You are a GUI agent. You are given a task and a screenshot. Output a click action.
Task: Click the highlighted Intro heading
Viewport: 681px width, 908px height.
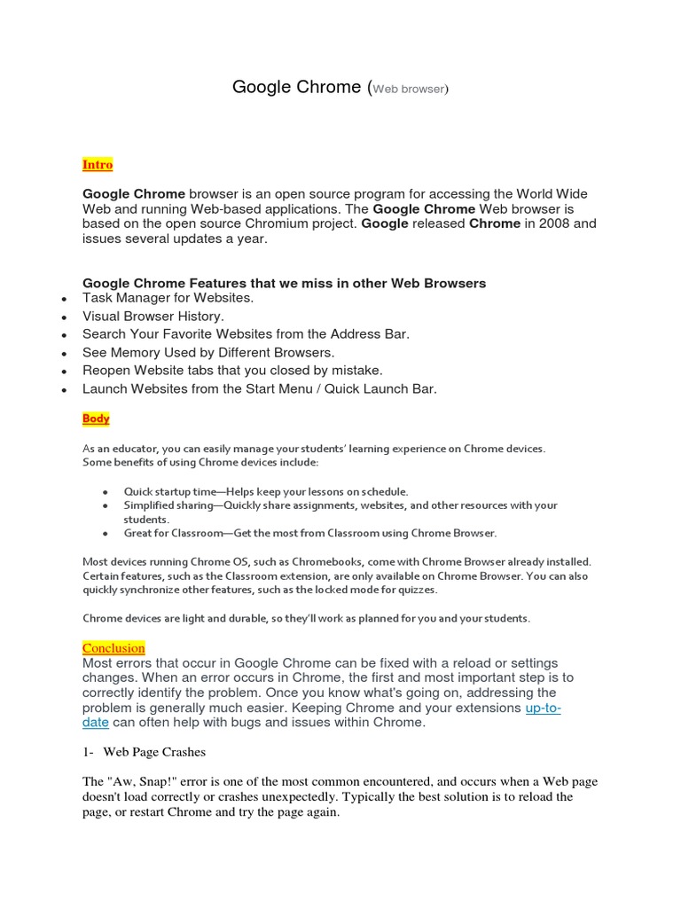pyautogui.click(x=98, y=165)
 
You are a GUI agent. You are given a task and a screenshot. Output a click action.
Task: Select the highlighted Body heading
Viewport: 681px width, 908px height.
pyautogui.click(x=96, y=419)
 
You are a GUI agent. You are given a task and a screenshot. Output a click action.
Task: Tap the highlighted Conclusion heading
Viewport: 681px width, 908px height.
pyautogui.click(x=113, y=648)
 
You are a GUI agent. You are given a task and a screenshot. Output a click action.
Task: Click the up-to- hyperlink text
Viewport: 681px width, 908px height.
pyautogui.click(x=543, y=708)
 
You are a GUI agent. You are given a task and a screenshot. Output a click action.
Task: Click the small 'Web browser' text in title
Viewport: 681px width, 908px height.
pyautogui.click(x=408, y=90)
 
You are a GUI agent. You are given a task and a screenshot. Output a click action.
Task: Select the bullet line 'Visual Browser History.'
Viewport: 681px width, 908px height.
pyautogui.click(x=153, y=316)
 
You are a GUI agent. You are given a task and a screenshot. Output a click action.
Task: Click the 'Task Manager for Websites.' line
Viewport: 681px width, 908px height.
pyautogui.click(x=168, y=298)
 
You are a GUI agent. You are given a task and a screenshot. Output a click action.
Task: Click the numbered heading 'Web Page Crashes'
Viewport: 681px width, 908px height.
pyautogui.click(x=154, y=752)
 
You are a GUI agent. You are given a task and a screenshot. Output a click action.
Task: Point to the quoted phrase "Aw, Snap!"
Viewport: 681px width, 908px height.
pyautogui.click(x=141, y=781)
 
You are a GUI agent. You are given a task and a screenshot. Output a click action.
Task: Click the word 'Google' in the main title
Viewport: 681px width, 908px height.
pyautogui.click(x=262, y=87)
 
